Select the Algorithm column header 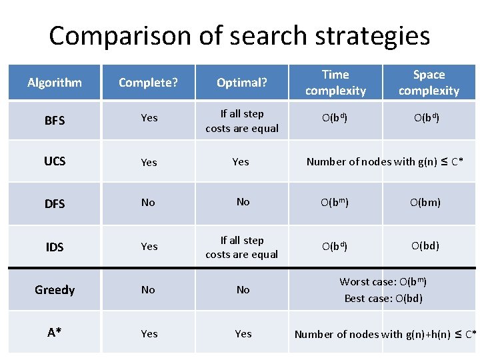click(55, 83)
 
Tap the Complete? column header click(148, 83)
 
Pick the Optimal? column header click(242, 83)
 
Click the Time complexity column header click(335, 83)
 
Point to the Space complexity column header click(429, 83)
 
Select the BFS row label click(55, 121)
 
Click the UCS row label click(55, 161)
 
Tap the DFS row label click(55, 203)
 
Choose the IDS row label click(55, 247)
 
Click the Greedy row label click(55, 290)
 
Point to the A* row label click(55, 333)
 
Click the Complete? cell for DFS click(148, 202)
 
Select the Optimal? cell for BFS click(242, 121)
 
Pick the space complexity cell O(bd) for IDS click(425, 245)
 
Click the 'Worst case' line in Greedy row click(383, 282)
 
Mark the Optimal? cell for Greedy click(243, 290)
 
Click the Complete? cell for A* click(149, 333)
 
